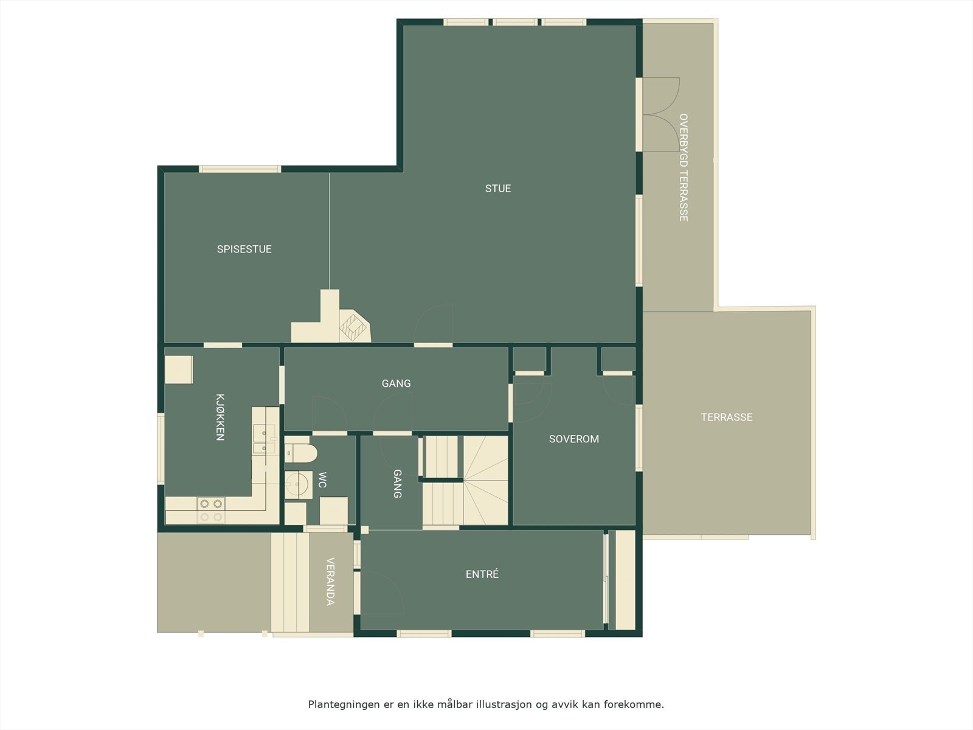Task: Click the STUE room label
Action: [x=498, y=189]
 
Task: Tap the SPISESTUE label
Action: [x=244, y=249]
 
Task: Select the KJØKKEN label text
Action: [x=220, y=417]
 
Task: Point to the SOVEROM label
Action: [x=573, y=439]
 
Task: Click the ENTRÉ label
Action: [x=482, y=574]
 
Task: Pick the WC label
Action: [x=322, y=480]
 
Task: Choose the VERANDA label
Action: [x=330, y=582]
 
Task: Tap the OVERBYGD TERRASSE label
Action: [x=684, y=167]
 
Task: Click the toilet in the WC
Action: [x=302, y=453]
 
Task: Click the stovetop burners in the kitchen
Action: [x=211, y=510]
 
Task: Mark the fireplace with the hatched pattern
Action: [x=354, y=327]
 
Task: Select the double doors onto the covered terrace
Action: [x=661, y=114]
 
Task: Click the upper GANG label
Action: [x=396, y=383]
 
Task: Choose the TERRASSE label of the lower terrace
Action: [x=726, y=417]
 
